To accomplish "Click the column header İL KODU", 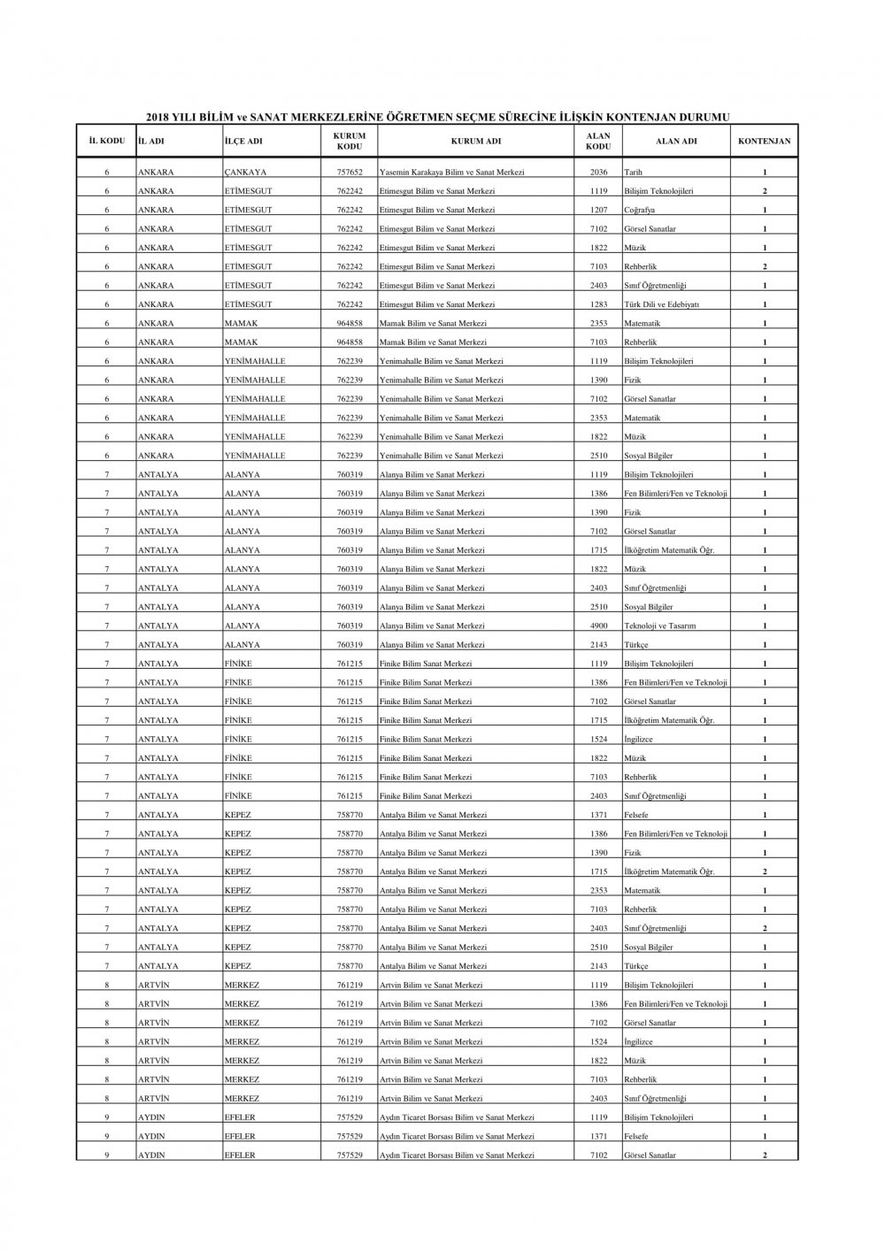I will coord(107,141).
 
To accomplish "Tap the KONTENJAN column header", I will coord(764,141).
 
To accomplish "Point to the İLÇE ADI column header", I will coord(243,141).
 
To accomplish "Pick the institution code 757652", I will coord(350,173).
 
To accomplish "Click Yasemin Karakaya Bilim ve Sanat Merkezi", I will coord(451,173).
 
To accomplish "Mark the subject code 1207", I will coord(598,211).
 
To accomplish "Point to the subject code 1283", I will coord(598,305).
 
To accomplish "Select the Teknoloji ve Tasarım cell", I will coord(659,626).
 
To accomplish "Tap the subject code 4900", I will coord(598,626).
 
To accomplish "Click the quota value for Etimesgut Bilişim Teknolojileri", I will coord(765,192).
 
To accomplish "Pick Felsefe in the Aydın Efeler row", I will coord(635,1137).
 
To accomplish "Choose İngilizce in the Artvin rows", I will coord(638,1042).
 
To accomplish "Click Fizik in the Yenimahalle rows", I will coord(632,380).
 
